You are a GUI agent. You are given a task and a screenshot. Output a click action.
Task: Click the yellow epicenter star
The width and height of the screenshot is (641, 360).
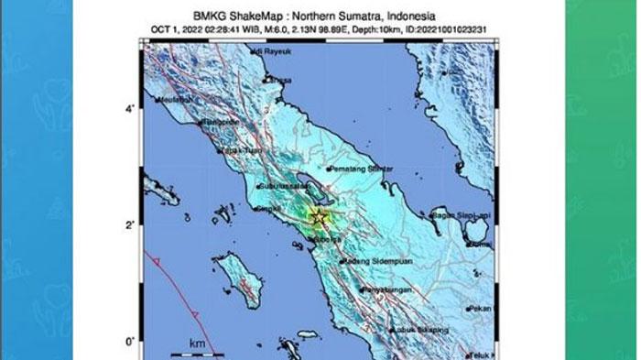click(319, 217)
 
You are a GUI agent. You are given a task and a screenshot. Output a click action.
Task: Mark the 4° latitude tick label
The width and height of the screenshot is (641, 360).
click(131, 109)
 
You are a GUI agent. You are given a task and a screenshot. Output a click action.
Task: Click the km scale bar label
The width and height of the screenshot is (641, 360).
click(197, 343)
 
